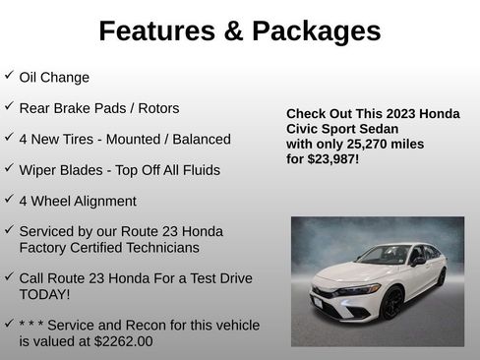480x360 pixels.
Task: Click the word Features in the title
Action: [x=156, y=30]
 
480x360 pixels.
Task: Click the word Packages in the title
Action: [x=317, y=30]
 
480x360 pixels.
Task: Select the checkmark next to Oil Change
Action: [x=9, y=76]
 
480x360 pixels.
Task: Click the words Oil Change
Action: [x=54, y=77]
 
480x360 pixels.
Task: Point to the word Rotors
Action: [x=158, y=108]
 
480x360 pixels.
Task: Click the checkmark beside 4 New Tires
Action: [x=9, y=138]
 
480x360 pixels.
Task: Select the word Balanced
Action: [x=200, y=139]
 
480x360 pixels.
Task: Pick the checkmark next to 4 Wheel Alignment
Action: [x=9, y=200]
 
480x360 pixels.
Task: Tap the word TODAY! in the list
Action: [x=44, y=294]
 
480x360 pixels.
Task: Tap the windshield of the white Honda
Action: [x=385, y=256]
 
